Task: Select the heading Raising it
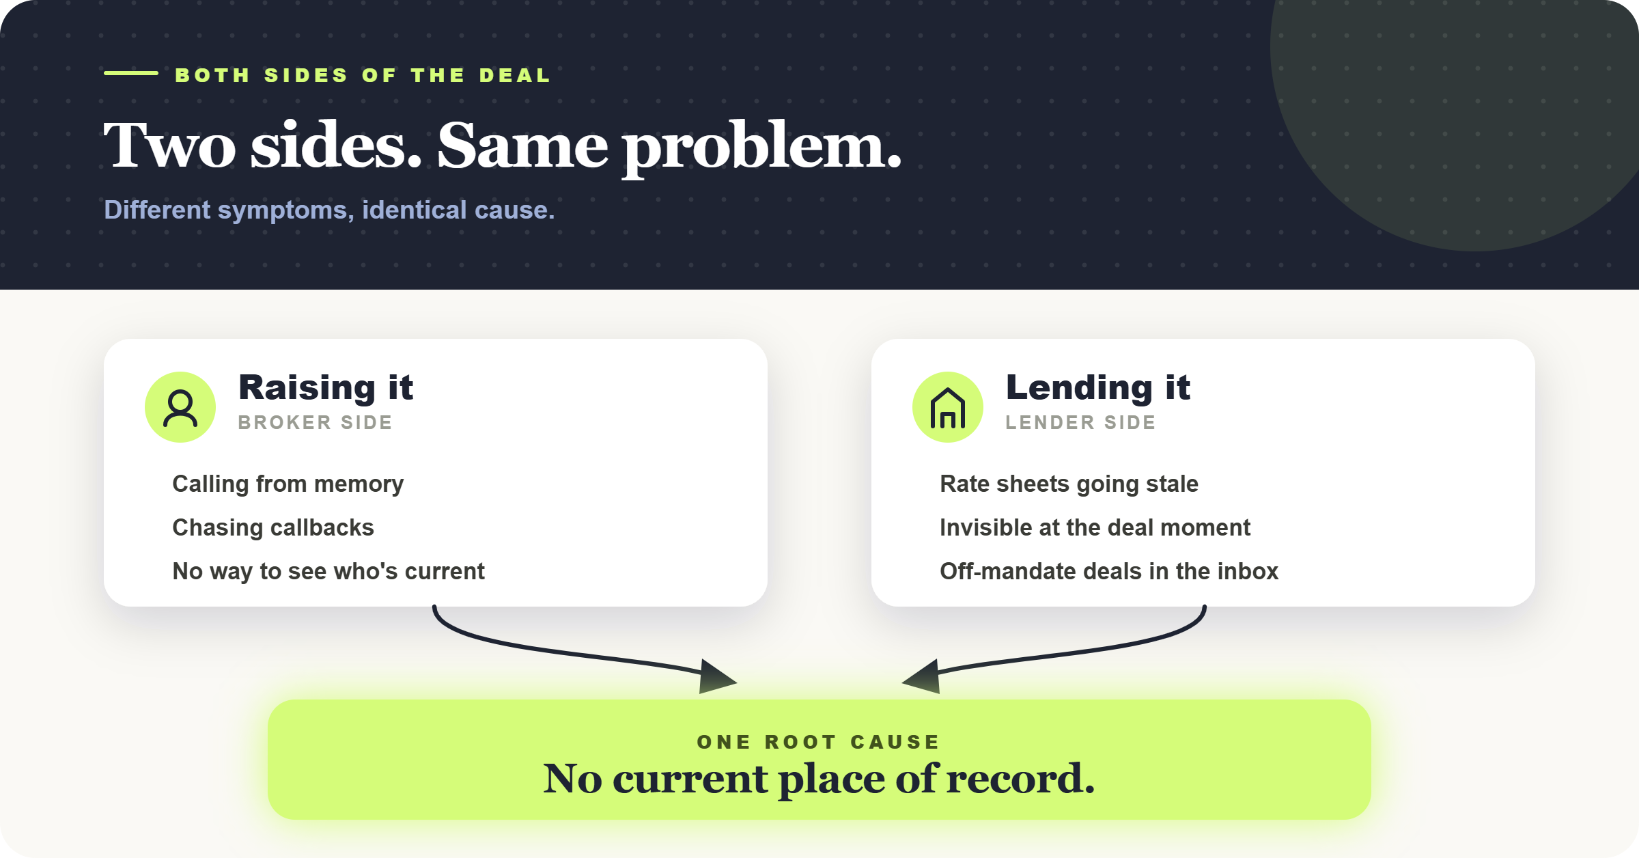[326, 387]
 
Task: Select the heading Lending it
[1098, 387]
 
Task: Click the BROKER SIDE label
[316, 422]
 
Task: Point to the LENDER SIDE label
[1080, 422]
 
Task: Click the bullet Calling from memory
[288, 484]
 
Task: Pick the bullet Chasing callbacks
[273, 527]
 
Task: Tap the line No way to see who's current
[328, 571]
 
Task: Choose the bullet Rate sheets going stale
[1069, 484]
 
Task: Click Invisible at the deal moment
[1095, 527]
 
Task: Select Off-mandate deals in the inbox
[1109, 571]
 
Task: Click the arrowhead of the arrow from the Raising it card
[718, 677]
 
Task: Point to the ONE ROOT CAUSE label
[818, 742]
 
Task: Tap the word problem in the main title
[761, 147]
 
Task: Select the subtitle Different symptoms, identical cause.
[329, 210]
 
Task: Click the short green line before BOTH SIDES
[131, 73]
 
